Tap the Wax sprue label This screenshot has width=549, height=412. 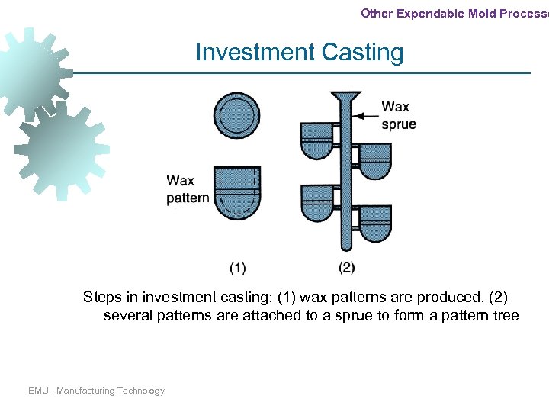398,115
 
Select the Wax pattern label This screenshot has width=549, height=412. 187,190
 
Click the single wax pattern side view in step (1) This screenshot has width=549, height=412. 237,195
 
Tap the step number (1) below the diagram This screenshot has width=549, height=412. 237,267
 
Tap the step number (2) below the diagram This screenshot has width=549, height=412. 347,267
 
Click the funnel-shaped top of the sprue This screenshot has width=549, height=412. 346,98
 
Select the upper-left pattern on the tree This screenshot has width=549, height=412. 316,140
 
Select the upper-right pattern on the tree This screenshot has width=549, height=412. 374,159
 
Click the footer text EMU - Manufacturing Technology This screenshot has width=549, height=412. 96,391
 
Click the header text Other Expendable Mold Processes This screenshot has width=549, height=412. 454,13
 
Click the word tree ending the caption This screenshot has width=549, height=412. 504,316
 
